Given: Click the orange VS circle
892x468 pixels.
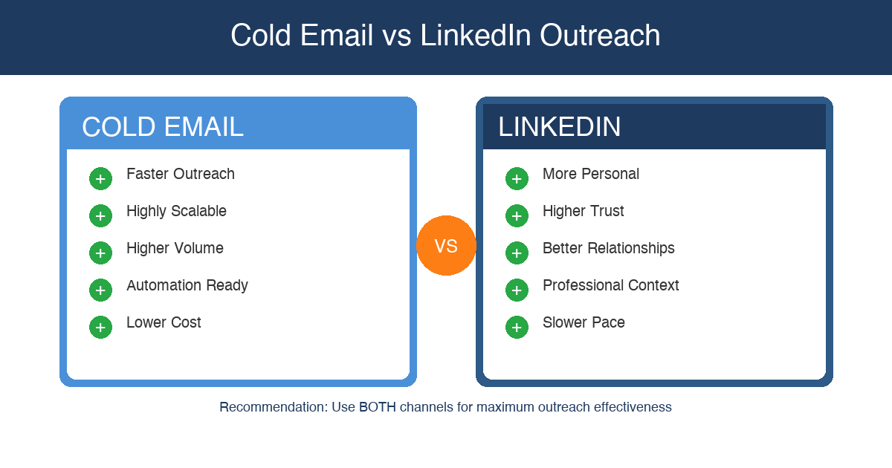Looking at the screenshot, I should (x=446, y=246).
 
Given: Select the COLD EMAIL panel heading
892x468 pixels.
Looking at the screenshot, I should (x=163, y=127).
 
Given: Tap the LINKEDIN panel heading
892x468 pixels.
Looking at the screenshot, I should (x=559, y=127).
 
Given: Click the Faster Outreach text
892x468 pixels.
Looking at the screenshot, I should (x=181, y=174).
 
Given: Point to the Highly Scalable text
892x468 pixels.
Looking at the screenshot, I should (x=176, y=211).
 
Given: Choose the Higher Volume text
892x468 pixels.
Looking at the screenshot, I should (x=175, y=248).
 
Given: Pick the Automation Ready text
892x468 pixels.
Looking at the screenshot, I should (x=187, y=285).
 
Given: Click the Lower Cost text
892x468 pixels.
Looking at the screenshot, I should (x=164, y=322).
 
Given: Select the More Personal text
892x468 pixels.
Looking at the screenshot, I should (x=591, y=174).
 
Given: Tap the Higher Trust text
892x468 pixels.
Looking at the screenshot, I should (x=584, y=211).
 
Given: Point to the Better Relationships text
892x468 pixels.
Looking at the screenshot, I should (x=609, y=248).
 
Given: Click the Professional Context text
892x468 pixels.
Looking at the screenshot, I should (x=611, y=285).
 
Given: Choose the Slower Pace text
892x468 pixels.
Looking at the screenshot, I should (x=584, y=322).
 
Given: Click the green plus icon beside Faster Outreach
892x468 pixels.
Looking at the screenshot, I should (x=100, y=178).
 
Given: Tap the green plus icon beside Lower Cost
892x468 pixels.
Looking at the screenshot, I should (x=100, y=327).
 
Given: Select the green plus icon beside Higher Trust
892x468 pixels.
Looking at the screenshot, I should (x=517, y=215).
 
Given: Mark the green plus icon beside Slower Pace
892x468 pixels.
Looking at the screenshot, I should (x=517, y=327).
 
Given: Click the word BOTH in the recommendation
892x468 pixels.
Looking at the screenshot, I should (x=377, y=407).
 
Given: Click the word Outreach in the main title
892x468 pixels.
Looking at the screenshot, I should (x=600, y=36).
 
